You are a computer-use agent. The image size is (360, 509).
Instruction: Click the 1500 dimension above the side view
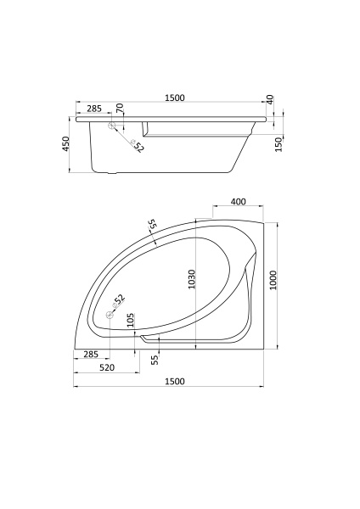[x=175, y=98]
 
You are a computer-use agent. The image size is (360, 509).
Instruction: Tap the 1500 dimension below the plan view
[x=175, y=381]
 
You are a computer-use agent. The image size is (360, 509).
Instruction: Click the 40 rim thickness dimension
[x=270, y=99]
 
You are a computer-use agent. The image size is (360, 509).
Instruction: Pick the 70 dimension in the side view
[x=120, y=109]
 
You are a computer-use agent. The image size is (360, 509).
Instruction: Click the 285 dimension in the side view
[x=94, y=109]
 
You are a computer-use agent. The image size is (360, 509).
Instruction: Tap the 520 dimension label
[x=107, y=367]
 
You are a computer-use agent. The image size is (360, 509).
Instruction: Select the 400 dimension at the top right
[x=238, y=203]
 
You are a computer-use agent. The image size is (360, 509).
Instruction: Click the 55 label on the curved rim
[x=152, y=226]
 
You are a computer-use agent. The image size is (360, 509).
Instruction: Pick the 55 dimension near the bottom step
[x=155, y=360]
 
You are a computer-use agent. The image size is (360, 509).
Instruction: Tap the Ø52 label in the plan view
[x=119, y=299]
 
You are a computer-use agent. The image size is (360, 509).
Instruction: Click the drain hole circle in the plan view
[x=110, y=316]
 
